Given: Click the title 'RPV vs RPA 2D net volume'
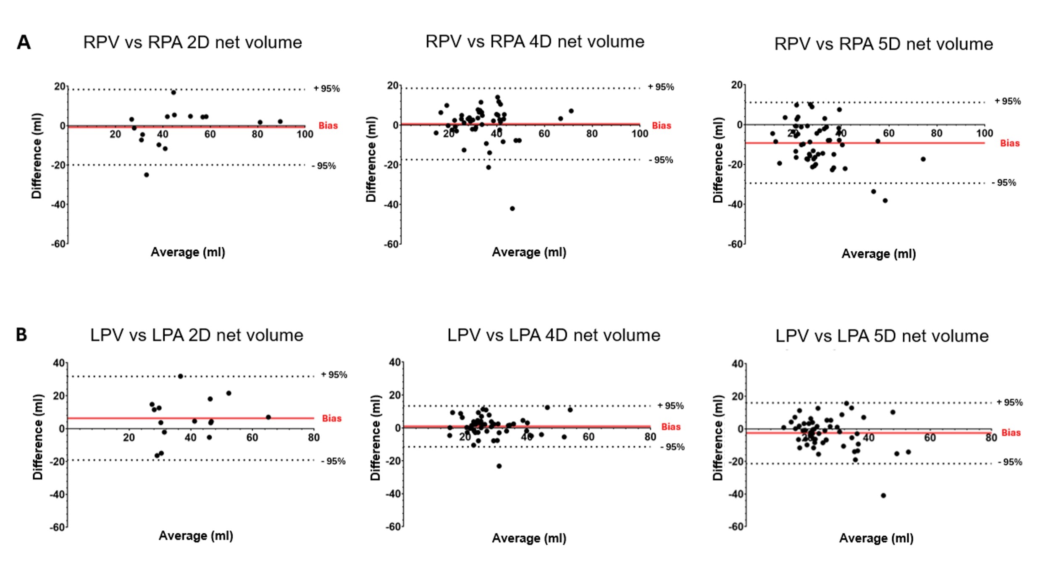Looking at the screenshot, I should point(192,42).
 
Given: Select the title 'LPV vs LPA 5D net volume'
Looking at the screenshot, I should point(882,336).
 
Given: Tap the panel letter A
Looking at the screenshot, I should point(24,42).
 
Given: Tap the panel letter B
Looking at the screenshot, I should point(21,335).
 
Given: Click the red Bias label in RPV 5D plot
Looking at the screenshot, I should point(1009,143).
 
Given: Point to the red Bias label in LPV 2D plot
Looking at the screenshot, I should point(331,418).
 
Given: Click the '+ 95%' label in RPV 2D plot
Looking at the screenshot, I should point(326,89).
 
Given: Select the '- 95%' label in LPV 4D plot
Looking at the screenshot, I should point(672,447).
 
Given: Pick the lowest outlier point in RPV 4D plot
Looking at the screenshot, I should point(512,208).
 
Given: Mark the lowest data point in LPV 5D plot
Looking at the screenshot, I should point(883,495).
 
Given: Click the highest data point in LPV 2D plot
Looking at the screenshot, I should point(180,376).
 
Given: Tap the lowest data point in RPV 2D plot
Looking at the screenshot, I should point(146,175).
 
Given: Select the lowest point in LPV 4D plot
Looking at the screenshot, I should point(499,466).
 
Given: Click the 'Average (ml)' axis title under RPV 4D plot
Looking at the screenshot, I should point(529,252).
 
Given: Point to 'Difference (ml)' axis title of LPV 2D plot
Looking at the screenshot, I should point(38,437).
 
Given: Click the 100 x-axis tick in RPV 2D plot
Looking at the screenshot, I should point(305,134).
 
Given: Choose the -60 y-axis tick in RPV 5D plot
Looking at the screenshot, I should point(736,244).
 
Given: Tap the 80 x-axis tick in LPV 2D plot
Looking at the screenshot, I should point(313,437).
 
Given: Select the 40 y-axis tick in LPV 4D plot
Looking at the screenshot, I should point(394,362).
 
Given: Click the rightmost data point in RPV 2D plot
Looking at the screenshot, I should point(280,121).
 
